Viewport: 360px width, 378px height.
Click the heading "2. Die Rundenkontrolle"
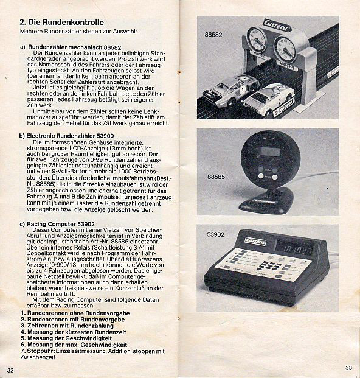(62, 22)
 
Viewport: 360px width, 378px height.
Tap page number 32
(10, 370)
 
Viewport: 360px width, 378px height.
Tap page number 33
(348, 368)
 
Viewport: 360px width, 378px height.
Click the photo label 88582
(213, 35)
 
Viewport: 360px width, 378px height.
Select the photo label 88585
(216, 177)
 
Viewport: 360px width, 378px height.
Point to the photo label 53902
(216, 234)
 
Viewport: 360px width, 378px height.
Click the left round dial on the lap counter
(257, 40)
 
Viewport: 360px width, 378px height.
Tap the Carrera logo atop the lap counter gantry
(276, 26)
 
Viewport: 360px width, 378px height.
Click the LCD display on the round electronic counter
(270, 152)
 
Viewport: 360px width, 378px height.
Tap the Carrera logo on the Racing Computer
(255, 241)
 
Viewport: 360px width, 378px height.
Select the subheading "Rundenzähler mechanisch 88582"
(75, 47)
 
